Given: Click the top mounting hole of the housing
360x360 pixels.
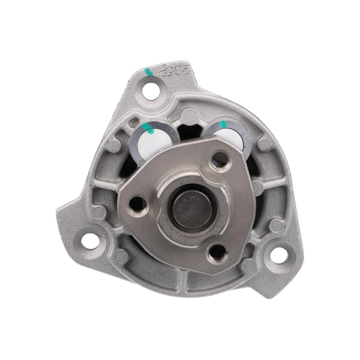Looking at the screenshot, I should [153, 91].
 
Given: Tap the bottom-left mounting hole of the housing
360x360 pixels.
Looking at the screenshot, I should [89, 241].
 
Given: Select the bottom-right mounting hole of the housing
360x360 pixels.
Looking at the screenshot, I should [278, 254].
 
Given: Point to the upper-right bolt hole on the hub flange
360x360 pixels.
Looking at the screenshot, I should [220, 159].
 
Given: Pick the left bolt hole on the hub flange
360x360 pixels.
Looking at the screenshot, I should [139, 203].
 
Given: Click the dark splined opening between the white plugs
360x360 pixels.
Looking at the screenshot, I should [191, 133].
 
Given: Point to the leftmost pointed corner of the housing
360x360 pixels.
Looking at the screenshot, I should [59, 209].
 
